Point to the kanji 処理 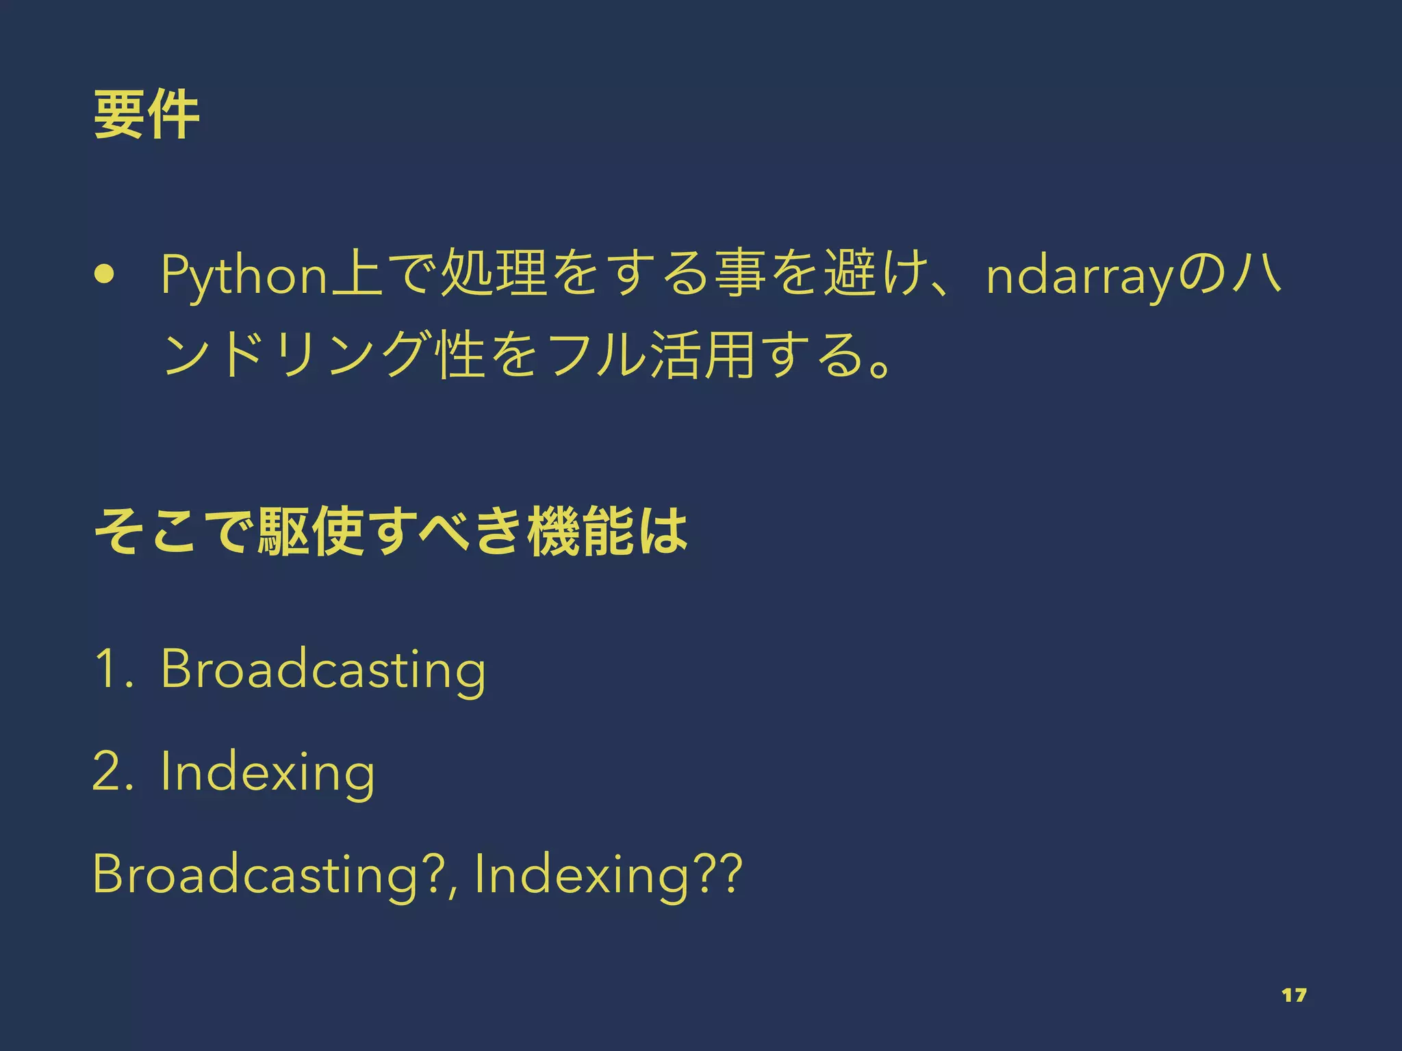point(492,275)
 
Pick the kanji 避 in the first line point(848,275)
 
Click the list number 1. point(112,669)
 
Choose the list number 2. point(112,771)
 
